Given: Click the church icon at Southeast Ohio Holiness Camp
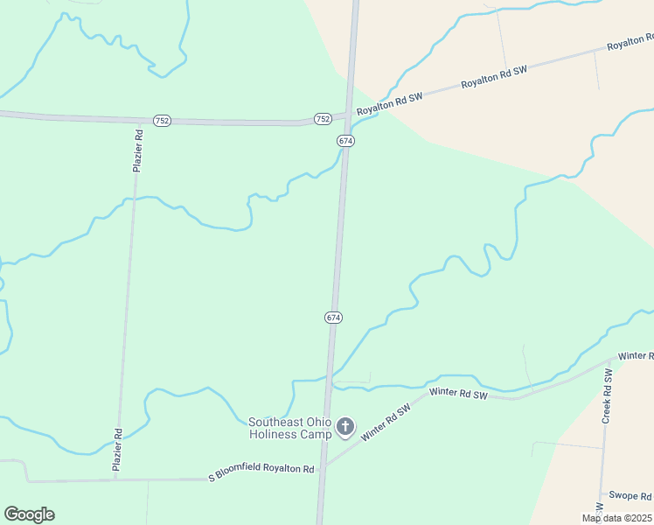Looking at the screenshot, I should point(345,427).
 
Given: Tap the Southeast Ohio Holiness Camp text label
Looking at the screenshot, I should point(290,428).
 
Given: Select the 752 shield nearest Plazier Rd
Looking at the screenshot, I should point(161,120).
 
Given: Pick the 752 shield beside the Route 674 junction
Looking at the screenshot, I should point(322,118).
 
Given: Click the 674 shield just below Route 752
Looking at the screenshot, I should point(345,140).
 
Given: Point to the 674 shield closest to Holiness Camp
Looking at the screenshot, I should point(333,317).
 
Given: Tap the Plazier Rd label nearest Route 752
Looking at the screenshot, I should point(137,150).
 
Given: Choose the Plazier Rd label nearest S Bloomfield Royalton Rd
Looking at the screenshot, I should point(116,450).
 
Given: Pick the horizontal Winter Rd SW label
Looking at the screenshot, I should point(458,393).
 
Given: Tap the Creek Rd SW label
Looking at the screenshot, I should point(605,396).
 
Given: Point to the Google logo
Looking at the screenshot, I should point(29,514).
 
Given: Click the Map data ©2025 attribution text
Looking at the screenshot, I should point(616,518).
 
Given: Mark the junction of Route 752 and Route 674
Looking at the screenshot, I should point(349,115).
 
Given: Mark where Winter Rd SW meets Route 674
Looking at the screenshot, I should point(324,467).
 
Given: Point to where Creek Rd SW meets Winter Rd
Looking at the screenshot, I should point(609,361).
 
